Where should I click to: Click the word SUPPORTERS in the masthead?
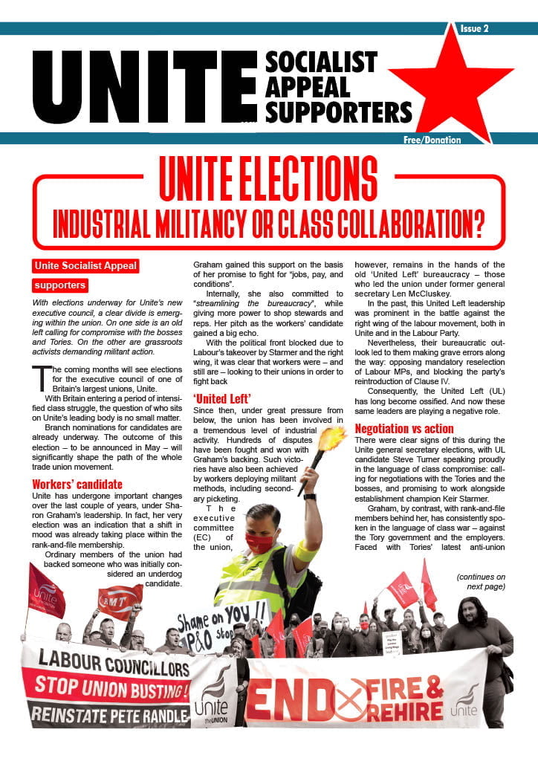[x=339, y=111]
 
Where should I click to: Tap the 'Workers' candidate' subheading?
[x=77, y=485]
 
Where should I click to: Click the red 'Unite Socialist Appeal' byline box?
[x=85, y=265]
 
